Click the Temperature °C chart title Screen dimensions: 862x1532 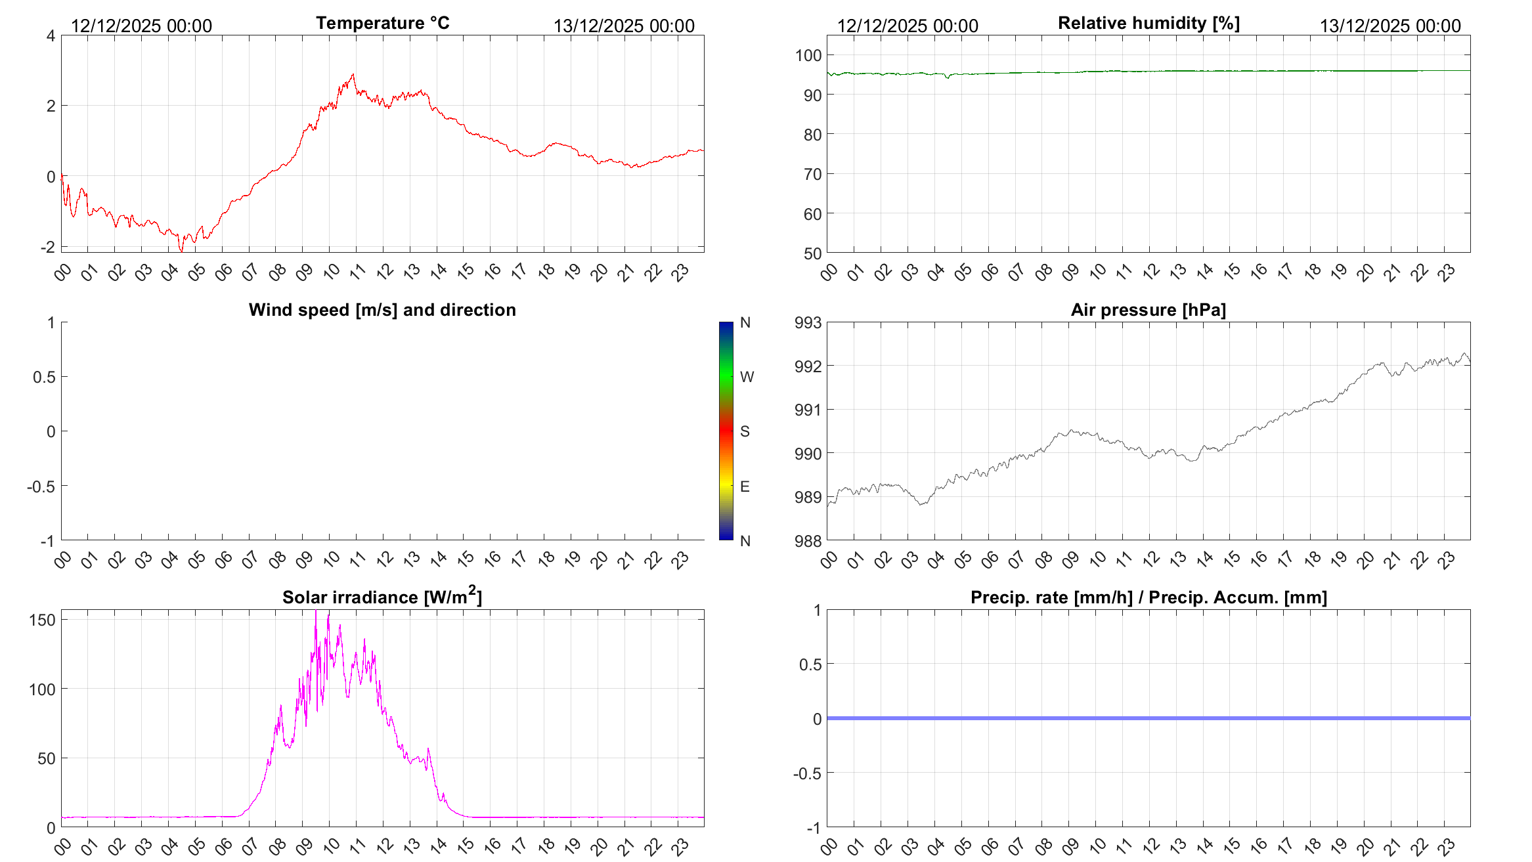coord(382,23)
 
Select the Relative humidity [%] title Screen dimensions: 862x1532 coord(1149,23)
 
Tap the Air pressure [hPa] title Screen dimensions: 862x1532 coord(1148,310)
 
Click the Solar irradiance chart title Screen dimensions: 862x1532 coord(382,597)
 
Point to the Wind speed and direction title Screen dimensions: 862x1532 coord(382,310)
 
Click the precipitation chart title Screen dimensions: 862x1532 coord(1149,597)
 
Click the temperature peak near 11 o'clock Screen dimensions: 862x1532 coord(353,74)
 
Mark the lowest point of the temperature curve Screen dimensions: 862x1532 coord(182,251)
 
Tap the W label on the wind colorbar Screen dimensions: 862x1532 coord(747,377)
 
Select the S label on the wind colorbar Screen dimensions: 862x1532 coord(745,431)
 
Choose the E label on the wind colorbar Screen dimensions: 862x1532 coord(745,486)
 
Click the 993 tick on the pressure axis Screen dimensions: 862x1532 coord(808,322)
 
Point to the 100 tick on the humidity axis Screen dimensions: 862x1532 coord(808,55)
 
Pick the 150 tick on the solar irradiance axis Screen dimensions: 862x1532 coord(42,620)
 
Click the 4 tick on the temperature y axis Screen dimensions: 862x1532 coord(51,35)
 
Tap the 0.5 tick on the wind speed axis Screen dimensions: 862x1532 coord(44,377)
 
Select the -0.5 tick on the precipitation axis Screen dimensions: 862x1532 coord(807,773)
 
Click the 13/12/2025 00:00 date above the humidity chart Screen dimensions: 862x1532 coord(1390,26)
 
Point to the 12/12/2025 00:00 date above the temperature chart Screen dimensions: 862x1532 coord(141,26)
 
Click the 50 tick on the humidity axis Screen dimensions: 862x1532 coord(812,253)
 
